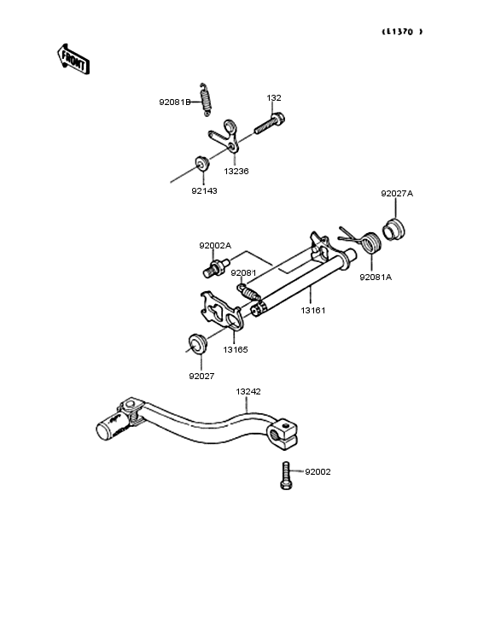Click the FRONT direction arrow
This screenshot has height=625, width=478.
click(73, 60)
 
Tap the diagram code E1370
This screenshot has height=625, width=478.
click(402, 32)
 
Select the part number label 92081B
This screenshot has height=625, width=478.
click(175, 102)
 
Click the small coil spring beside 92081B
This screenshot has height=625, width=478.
click(206, 100)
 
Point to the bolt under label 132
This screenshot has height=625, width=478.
click(270, 123)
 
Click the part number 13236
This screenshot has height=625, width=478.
click(236, 172)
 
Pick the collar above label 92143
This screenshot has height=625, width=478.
click(202, 164)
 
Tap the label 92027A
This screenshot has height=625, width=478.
click(397, 194)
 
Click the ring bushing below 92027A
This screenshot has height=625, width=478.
click(393, 231)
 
